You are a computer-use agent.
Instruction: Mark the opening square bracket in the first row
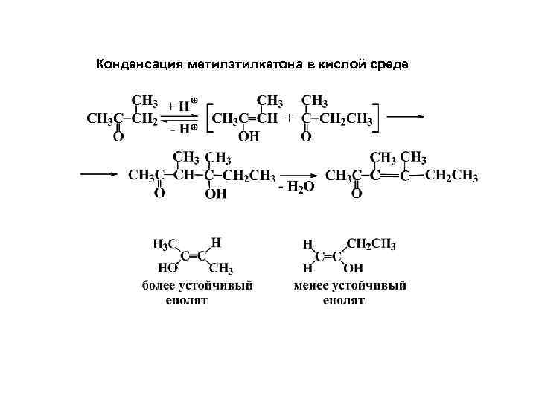(208, 118)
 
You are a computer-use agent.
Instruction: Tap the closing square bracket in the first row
(377, 118)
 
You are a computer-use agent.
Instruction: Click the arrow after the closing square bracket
(407, 116)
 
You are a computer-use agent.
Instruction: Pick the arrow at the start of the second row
(100, 174)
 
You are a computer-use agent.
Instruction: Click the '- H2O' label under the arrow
(296, 188)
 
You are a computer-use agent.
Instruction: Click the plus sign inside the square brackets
(291, 118)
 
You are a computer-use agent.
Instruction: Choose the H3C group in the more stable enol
(165, 244)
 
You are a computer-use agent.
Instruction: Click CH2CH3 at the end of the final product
(453, 176)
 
